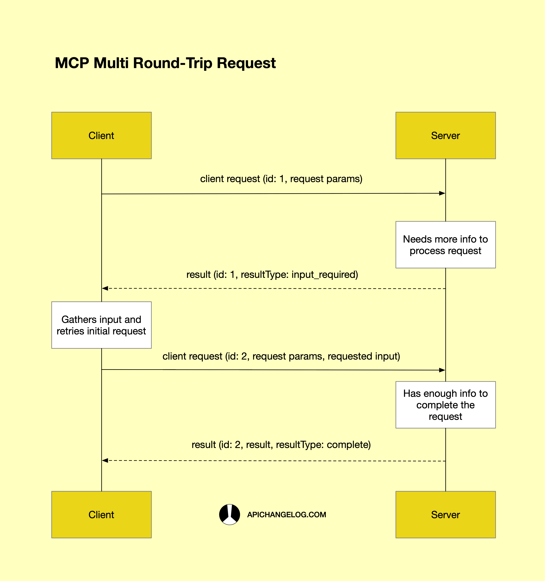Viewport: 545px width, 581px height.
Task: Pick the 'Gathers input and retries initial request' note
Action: tap(101, 325)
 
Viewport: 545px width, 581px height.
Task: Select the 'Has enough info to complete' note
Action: tap(445, 405)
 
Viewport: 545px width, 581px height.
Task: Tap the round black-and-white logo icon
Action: tap(230, 514)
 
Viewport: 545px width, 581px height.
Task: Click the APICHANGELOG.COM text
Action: tap(286, 515)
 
